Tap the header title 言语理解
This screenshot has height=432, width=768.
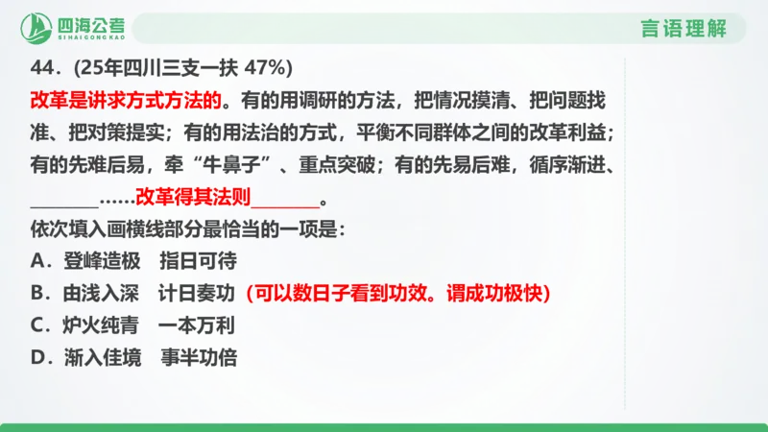(x=684, y=28)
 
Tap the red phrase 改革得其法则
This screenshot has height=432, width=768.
(x=192, y=200)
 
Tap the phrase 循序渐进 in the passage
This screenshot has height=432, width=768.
(x=570, y=166)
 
